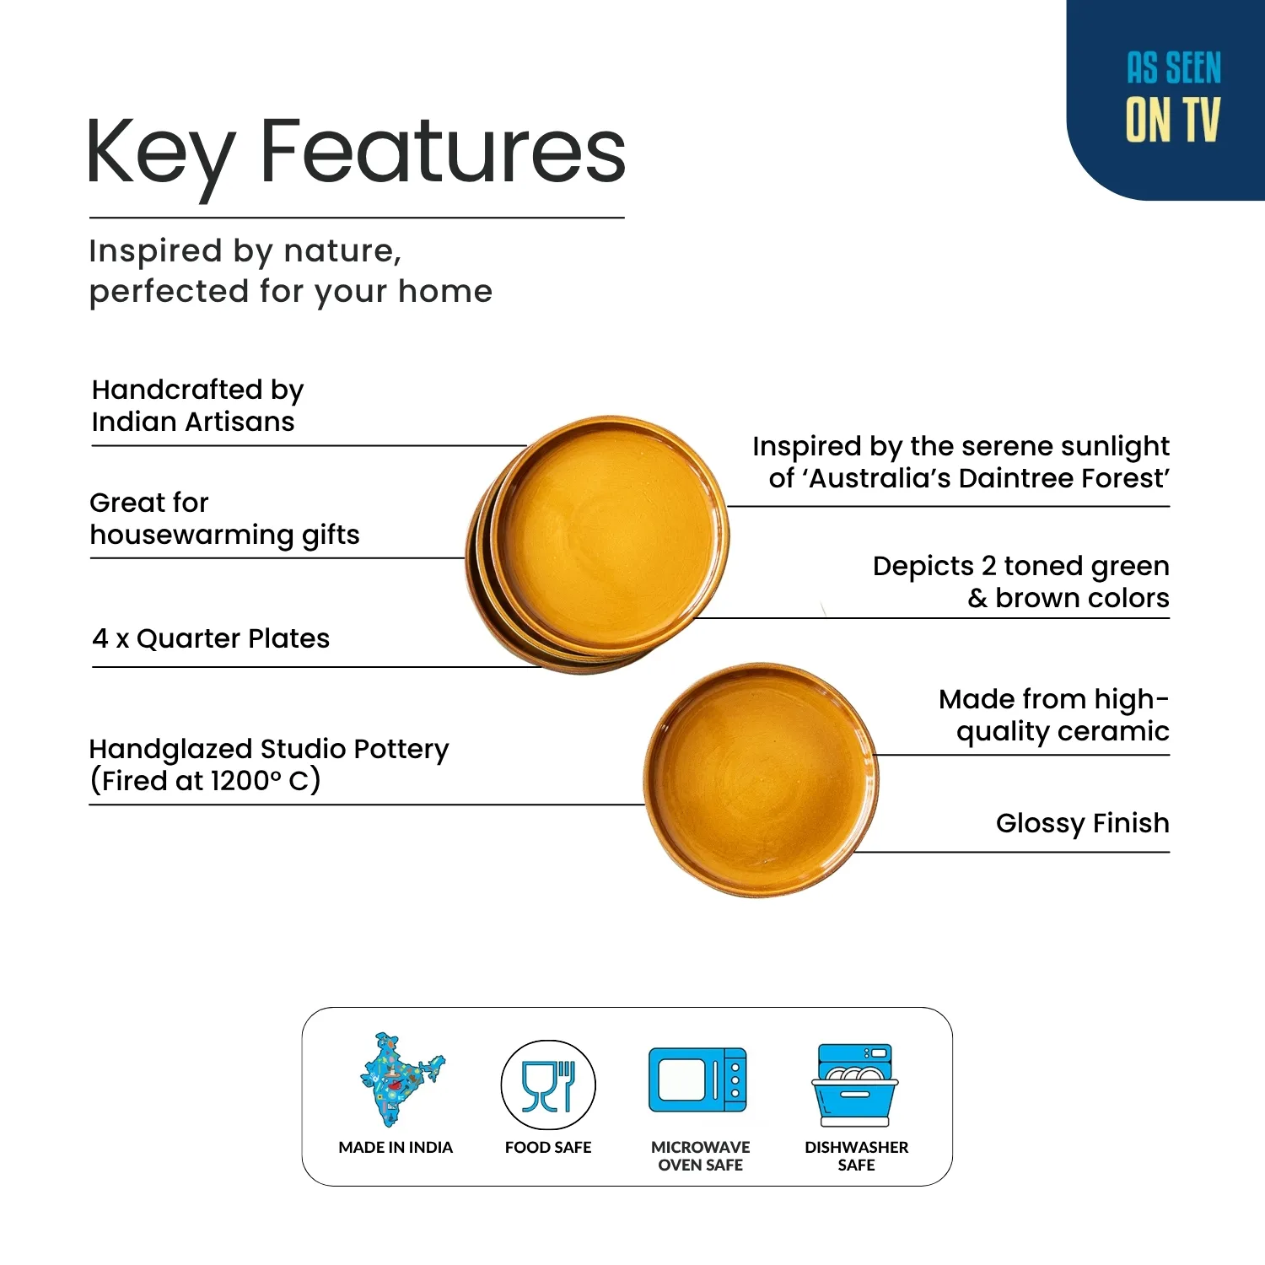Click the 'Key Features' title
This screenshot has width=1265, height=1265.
(x=356, y=153)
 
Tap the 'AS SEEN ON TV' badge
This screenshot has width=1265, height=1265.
(x=1171, y=97)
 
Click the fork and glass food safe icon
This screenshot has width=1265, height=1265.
(x=548, y=1085)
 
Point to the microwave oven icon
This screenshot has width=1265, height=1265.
(x=698, y=1080)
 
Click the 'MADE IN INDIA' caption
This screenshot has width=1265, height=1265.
(x=396, y=1148)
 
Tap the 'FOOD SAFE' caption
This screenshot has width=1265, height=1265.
(x=548, y=1148)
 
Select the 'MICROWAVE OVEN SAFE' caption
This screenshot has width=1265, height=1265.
(x=700, y=1156)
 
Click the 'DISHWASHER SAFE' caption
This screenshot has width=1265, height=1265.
(x=856, y=1156)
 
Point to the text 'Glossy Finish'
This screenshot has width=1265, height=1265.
(x=1082, y=824)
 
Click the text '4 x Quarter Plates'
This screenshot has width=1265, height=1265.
(x=211, y=638)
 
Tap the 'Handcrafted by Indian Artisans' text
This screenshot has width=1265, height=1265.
(x=197, y=406)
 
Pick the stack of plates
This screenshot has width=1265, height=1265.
(x=597, y=544)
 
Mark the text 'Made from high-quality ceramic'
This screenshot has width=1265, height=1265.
(x=1054, y=715)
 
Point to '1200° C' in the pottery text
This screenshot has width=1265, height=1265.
(x=264, y=781)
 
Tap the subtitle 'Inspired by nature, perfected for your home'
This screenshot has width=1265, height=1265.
(x=290, y=272)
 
